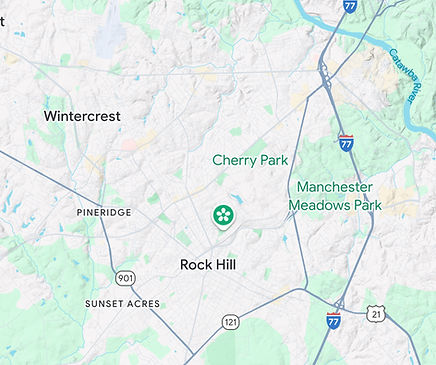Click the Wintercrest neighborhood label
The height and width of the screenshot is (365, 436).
click(82, 116)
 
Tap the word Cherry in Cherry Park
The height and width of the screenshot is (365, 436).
click(233, 160)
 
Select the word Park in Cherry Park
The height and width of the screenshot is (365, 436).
click(272, 160)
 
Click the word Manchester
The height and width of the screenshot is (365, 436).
click(334, 187)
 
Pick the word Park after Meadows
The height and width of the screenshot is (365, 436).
click(367, 205)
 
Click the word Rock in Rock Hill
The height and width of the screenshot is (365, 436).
click(195, 265)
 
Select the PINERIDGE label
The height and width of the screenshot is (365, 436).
click(103, 213)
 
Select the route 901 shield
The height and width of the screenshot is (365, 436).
click(125, 277)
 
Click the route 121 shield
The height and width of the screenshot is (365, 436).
click(231, 322)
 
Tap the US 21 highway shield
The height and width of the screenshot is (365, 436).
click(376, 314)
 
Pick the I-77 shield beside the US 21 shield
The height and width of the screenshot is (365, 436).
click(334, 320)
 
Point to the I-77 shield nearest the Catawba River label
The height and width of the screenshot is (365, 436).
click(349, 6)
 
